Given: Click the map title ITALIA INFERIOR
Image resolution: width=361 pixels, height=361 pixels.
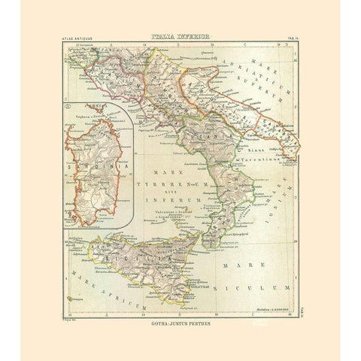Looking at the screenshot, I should coord(180,34).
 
